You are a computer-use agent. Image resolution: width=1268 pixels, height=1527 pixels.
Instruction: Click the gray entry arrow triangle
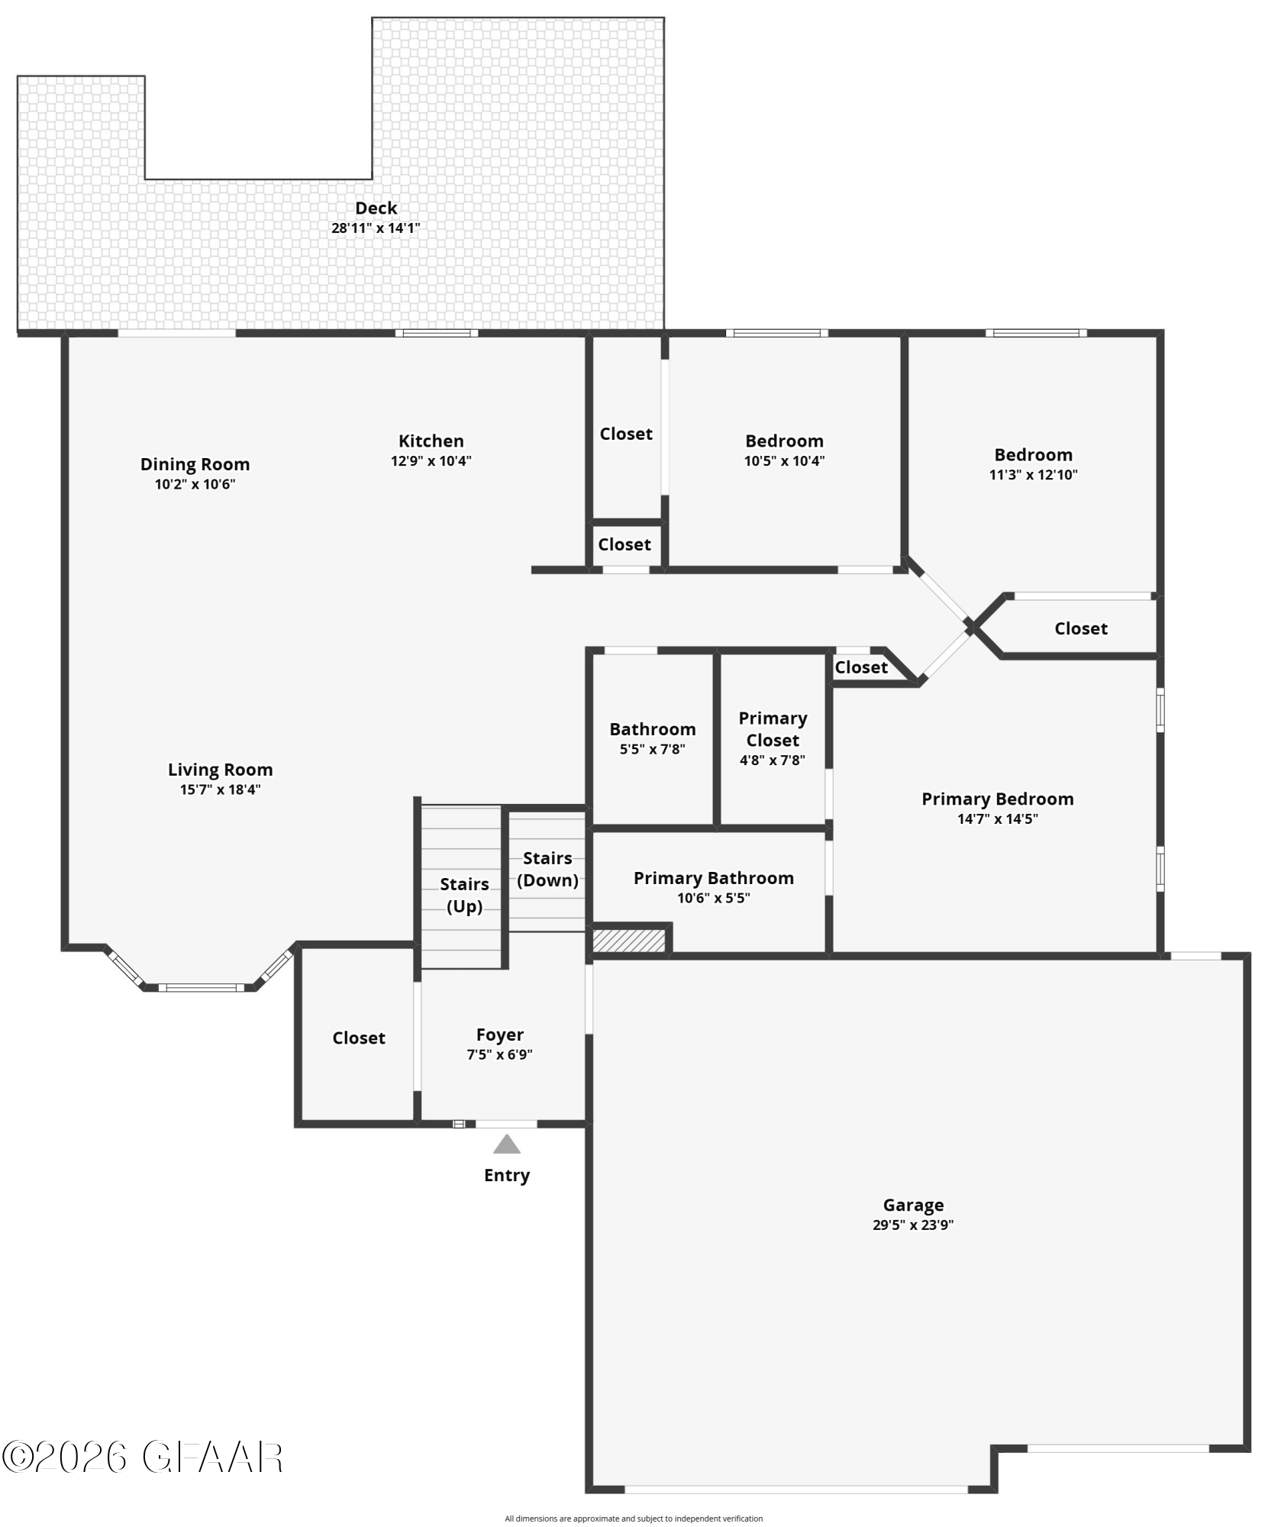[507, 1144]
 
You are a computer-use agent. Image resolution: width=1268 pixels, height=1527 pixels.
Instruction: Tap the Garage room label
[913, 1205]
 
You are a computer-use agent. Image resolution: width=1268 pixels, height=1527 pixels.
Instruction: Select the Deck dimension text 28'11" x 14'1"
[376, 228]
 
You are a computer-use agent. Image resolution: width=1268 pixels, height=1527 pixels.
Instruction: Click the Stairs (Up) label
[464, 895]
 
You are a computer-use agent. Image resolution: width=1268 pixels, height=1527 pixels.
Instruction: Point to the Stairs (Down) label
[547, 869]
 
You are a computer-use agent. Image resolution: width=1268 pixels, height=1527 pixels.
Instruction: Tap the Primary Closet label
[773, 729]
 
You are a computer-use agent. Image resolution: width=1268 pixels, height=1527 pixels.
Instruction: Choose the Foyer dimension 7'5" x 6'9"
[500, 1054]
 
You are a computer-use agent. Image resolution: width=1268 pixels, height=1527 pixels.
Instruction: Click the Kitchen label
[431, 441]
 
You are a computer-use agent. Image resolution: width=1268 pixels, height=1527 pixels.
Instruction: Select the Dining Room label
[195, 464]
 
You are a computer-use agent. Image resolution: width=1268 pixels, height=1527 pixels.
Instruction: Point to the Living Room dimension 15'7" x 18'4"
[221, 789]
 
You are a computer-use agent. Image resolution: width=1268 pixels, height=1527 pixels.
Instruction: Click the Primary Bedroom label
[998, 799]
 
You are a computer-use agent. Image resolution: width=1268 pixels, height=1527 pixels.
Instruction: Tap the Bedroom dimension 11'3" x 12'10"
[1034, 474]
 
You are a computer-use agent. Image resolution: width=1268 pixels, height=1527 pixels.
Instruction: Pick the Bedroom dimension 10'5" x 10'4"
[785, 460]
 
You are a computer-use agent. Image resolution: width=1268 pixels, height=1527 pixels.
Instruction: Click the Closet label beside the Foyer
[359, 1038]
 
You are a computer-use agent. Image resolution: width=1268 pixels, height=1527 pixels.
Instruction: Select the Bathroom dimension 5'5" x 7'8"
[653, 749]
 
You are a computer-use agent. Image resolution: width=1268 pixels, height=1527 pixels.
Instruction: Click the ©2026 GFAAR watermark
[143, 1458]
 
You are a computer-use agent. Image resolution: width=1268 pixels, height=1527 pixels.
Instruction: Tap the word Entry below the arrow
[507, 1175]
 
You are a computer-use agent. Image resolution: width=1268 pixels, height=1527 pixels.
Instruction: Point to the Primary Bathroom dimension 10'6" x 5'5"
[714, 898]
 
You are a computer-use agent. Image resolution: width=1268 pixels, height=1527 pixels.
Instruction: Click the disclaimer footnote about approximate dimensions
[634, 1519]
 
